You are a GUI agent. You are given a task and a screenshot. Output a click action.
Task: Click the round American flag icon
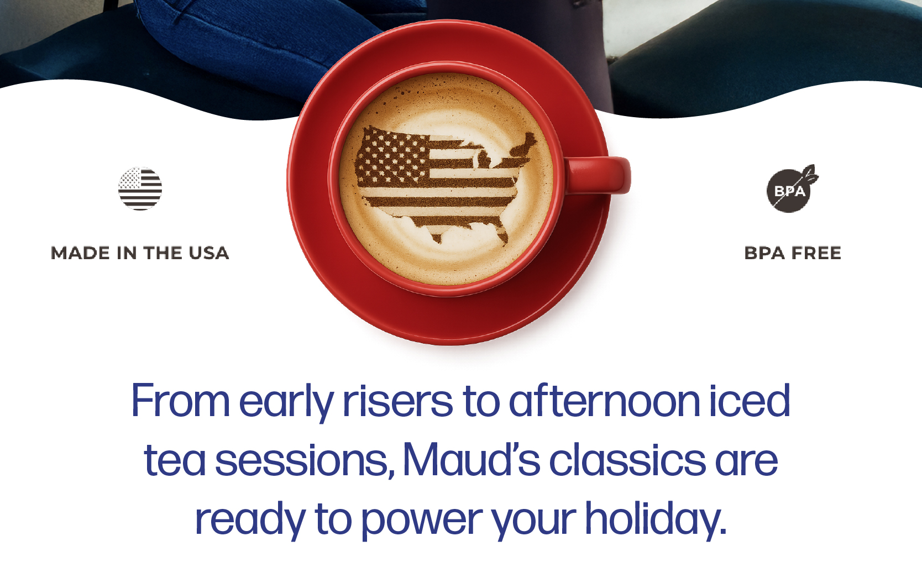[x=140, y=189]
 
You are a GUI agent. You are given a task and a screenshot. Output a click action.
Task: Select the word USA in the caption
[x=209, y=253]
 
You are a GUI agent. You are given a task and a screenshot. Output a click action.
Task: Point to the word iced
[x=750, y=400]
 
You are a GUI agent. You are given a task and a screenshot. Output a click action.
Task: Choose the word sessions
[x=305, y=461]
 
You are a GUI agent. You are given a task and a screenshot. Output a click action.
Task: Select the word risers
[x=397, y=400]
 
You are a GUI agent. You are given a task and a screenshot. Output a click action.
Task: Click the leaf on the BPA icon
[x=810, y=175]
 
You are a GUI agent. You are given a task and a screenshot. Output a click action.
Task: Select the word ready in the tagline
[x=250, y=521]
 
